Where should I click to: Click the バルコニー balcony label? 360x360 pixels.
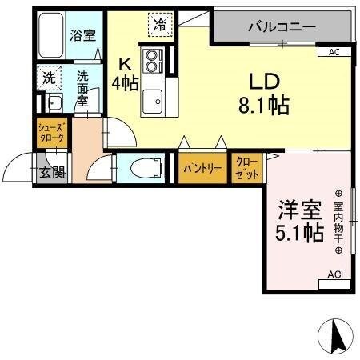tap(280, 26)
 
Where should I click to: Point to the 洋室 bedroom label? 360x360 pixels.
tap(300, 210)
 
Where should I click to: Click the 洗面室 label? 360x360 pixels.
tap(83, 88)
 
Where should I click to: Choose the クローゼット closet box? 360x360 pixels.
tap(245, 169)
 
